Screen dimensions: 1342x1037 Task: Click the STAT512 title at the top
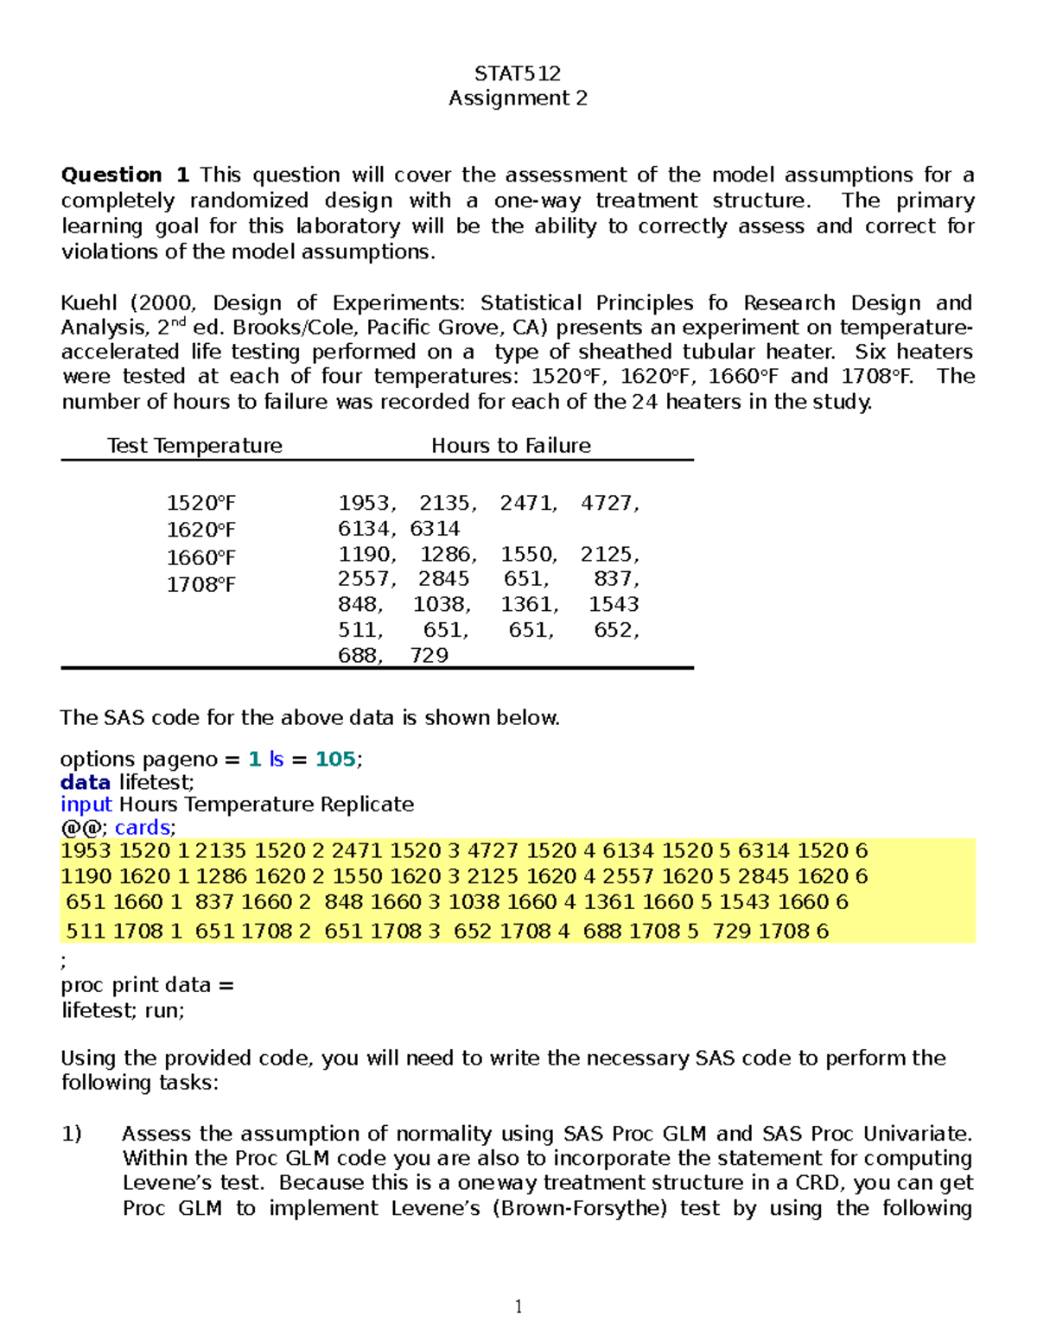pyautogui.click(x=518, y=73)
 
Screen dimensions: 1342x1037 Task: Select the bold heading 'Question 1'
pyautogui.click(x=124, y=175)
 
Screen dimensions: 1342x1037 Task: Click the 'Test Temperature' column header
pyautogui.click(x=194, y=446)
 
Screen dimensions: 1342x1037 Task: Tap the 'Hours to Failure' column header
pyautogui.click(x=511, y=446)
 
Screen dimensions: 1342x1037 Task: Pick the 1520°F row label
pyautogui.click(x=200, y=504)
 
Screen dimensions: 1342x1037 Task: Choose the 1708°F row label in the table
pyautogui.click(x=200, y=585)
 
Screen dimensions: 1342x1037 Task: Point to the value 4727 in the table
pyautogui.click(x=608, y=504)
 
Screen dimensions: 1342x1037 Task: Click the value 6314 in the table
pyautogui.click(x=435, y=529)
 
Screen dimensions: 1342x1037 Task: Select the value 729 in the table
pyautogui.click(x=429, y=656)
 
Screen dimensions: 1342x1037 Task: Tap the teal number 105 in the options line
pyautogui.click(x=335, y=760)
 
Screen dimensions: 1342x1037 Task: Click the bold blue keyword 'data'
pyautogui.click(x=85, y=783)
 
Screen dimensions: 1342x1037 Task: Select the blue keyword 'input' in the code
pyautogui.click(x=86, y=805)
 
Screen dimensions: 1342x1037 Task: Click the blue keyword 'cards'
pyautogui.click(x=142, y=828)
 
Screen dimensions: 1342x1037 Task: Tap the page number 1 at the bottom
pyautogui.click(x=518, y=1307)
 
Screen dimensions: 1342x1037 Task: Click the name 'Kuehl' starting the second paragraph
pyautogui.click(x=90, y=303)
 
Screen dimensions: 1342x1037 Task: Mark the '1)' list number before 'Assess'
pyautogui.click(x=71, y=1134)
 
